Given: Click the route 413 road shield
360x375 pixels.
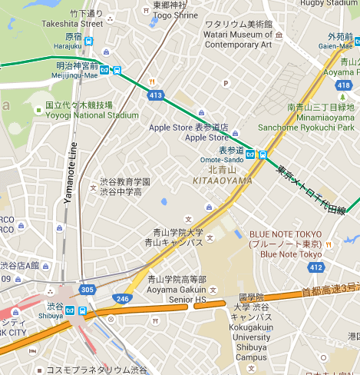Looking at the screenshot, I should (x=156, y=95).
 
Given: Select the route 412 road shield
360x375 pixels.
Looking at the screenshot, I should (x=315, y=267).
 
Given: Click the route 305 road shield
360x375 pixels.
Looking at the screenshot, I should (x=87, y=290).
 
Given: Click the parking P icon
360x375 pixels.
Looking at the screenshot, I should (x=226, y=84).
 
